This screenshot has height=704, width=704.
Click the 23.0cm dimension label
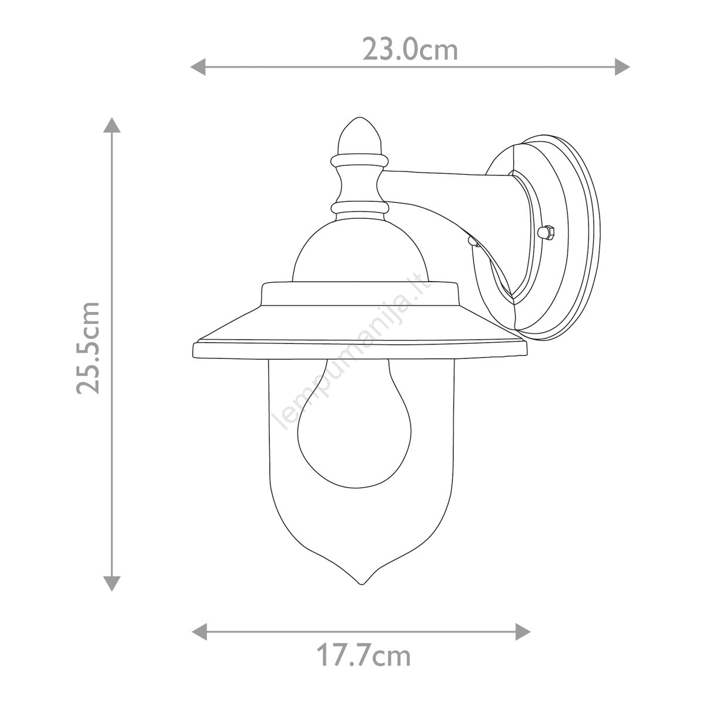click(x=410, y=50)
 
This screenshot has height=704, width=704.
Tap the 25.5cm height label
click(x=88, y=348)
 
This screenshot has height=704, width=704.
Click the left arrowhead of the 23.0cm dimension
click(x=198, y=67)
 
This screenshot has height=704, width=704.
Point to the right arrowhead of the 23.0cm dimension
click(x=622, y=67)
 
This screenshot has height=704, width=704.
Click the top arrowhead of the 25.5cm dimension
click(x=112, y=124)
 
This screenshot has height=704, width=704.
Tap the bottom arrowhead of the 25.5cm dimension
click(x=112, y=584)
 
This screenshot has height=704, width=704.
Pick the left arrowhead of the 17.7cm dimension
click(x=199, y=632)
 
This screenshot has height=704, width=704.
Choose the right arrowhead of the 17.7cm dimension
click(x=523, y=632)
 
